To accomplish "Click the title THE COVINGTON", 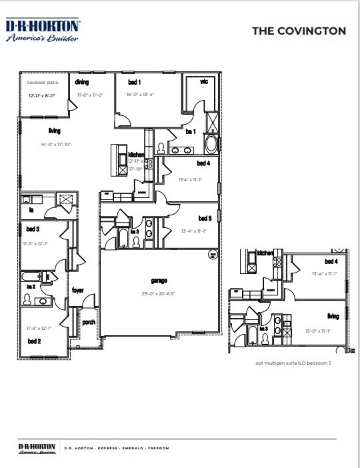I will pyautogui.click(x=298, y=31).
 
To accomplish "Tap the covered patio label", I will pyautogui.click(x=43, y=83).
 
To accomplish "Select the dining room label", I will pyautogui.click(x=82, y=82).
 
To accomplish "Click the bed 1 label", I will pyautogui.click(x=134, y=82).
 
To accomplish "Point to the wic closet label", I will pyautogui.click(x=205, y=83).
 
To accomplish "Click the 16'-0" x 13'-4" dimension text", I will pyautogui.click(x=140, y=95).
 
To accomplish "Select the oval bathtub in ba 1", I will pyautogui.click(x=211, y=143).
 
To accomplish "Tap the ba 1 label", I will pyautogui.click(x=190, y=132).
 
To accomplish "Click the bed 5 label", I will pyautogui.click(x=205, y=218).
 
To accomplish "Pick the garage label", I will pyautogui.click(x=159, y=281).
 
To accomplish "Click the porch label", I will pyautogui.click(x=89, y=322).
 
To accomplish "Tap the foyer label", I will pyautogui.click(x=78, y=291).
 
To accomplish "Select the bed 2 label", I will pyautogui.click(x=35, y=341).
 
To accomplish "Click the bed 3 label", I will pyautogui.click(x=32, y=229).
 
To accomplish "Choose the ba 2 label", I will pyautogui.click(x=31, y=286).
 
